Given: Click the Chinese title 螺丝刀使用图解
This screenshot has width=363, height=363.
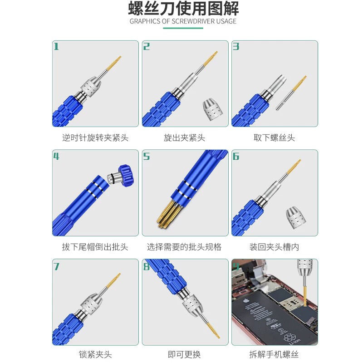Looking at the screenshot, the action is tap(183, 9).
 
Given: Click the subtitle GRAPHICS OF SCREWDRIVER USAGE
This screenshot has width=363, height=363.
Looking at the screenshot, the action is tap(183, 21).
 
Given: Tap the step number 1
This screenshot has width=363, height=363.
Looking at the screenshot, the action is tap(56, 46).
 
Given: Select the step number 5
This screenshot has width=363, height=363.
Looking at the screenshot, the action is tap(146, 156).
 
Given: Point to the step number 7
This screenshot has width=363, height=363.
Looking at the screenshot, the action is tap(56, 266).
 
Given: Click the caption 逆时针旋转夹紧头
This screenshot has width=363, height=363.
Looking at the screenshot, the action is tap(95, 138).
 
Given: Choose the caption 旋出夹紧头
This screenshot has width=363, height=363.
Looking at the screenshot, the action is tap(184, 138).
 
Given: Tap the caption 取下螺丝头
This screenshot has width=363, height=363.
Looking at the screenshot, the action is tap(274, 138).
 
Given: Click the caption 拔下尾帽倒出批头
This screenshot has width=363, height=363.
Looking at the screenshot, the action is tap(95, 247).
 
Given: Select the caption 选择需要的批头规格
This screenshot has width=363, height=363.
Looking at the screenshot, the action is tap(184, 247).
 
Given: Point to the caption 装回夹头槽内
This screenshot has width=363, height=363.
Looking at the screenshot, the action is tap(274, 247).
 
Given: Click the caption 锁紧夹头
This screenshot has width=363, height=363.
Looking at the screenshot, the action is tap(95, 354).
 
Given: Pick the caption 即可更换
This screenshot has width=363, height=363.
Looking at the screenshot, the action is tap(184, 354).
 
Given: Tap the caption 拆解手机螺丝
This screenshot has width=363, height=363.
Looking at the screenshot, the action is tap(274, 354).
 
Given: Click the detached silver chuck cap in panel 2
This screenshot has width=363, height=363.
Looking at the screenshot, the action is tap(212, 109).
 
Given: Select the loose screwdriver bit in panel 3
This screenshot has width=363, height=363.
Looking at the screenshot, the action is tap(291, 93).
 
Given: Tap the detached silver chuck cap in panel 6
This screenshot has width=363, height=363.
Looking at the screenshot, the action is tap(296, 217).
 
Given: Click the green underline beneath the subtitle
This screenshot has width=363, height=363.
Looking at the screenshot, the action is tap(183, 28).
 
